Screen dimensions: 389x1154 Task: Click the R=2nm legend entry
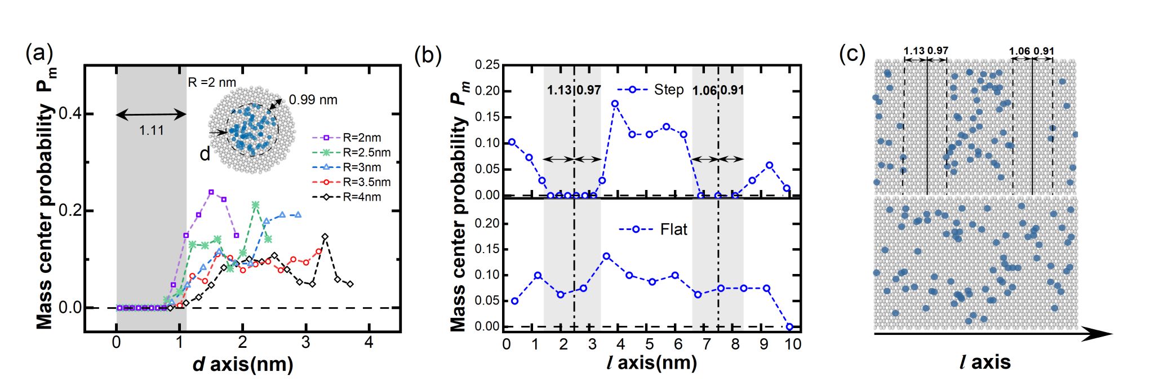361,138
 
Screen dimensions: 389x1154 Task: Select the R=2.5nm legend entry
366,152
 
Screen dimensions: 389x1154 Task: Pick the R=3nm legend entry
361,167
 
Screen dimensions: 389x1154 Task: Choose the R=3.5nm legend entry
366,182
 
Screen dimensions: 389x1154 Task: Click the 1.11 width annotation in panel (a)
152,131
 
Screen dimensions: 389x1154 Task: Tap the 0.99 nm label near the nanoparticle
313,100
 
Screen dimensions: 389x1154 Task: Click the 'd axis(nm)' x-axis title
243,364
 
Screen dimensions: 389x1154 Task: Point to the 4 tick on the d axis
369,343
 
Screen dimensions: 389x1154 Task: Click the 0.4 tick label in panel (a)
70,114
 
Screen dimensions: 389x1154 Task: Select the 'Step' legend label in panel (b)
669,90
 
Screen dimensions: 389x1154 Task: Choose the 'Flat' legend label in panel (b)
673,229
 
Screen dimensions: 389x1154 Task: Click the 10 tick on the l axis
793,344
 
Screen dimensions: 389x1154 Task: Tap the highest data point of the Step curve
615,104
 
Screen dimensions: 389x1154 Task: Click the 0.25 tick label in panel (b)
487,65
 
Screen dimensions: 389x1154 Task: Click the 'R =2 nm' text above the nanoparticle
212,83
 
